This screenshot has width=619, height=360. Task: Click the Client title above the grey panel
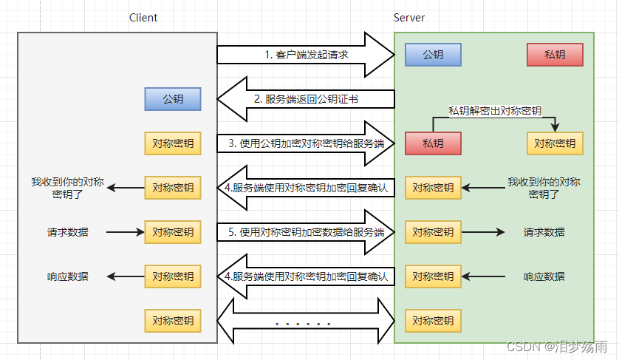pyautogui.click(x=143, y=18)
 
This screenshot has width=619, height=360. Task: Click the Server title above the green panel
pyautogui.click(x=409, y=18)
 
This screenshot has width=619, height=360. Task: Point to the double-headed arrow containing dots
pyautogui.click(x=306, y=321)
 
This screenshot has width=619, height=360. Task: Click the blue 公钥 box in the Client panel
pyautogui.click(x=173, y=99)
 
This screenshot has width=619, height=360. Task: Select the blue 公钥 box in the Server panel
pyautogui.click(x=433, y=55)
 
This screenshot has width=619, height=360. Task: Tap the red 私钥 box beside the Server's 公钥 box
pyautogui.click(x=555, y=55)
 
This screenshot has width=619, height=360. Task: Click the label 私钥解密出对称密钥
pyautogui.click(x=495, y=111)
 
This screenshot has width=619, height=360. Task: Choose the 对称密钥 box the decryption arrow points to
pyautogui.click(x=555, y=143)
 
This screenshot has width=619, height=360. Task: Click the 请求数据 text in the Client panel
pyautogui.click(x=67, y=232)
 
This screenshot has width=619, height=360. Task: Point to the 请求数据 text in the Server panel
pyautogui.click(x=544, y=232)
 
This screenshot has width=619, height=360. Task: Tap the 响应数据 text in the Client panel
pyautogui.click(x=67, y=276)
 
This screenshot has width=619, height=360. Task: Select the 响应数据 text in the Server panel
pyautogui.click(x=544, y=276)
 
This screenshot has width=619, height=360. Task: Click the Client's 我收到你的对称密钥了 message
pyautogui.click(x=67, y=188)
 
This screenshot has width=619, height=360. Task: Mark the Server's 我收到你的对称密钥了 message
pyautogui.click(x=544, y=188)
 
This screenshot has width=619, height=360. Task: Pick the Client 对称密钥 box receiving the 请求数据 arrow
pyautogui.click(x=173, y=232)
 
